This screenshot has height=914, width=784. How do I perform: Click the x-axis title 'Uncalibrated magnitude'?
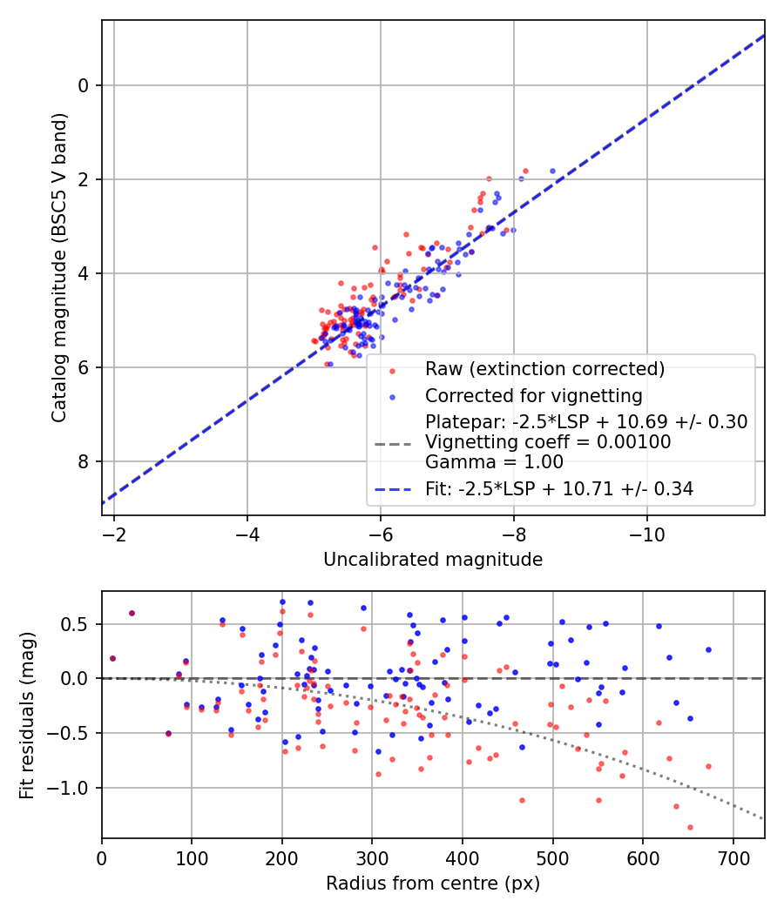[x=433, y=560]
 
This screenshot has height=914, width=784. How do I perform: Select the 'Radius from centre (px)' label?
[x=433, y=884]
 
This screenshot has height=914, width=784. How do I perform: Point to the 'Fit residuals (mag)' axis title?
[x=27, y=716]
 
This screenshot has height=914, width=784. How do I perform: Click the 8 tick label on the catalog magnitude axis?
[x=84, y=461]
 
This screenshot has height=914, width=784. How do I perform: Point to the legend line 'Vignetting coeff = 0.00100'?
[x=548, y=442]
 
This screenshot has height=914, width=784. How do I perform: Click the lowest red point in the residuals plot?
[x=690, y=827]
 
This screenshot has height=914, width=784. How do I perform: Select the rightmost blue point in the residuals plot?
[x=708, y=649]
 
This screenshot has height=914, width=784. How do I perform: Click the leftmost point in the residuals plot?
[x=112, y=659]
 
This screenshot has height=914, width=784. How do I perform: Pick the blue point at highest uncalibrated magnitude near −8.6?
[x=552, y=171]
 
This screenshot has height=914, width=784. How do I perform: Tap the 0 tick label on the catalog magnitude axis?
[x=84, y=85]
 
